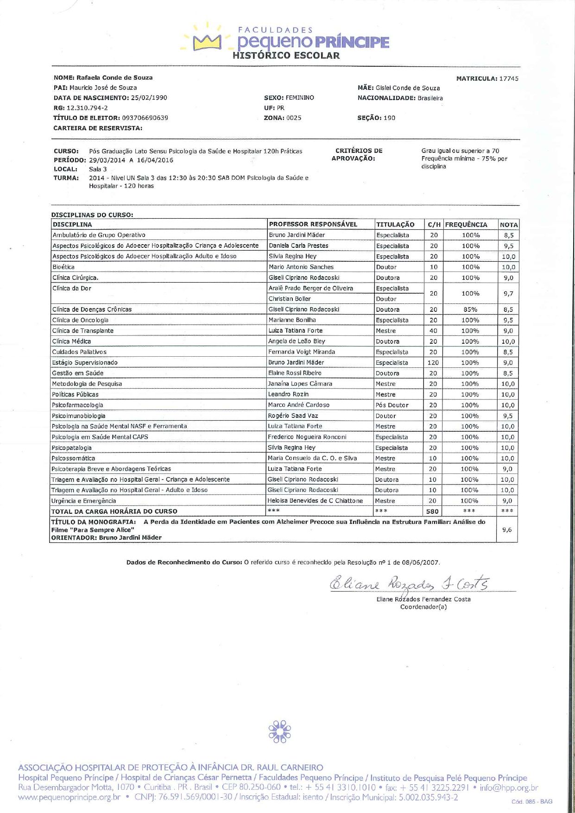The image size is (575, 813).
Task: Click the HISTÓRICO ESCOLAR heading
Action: [286, 56]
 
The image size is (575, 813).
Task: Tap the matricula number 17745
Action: [509, 79]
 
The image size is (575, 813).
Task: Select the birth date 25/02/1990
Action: [149, 98]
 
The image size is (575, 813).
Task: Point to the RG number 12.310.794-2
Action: [87, 108]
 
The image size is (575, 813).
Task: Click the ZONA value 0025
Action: [294, 118]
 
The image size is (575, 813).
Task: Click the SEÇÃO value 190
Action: [389, 118]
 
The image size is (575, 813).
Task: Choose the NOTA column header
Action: [508, 225]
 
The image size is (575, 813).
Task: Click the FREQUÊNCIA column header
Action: [466, 225]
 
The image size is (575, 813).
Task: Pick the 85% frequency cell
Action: [470, 309]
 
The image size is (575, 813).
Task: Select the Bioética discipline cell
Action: [63, 267]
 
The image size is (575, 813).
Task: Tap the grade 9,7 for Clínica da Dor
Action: [508, 294]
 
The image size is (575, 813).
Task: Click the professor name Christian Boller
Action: [290, 299]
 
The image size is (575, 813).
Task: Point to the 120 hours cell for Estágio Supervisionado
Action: [433, 363]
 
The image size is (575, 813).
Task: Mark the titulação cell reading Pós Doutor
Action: [392, 405]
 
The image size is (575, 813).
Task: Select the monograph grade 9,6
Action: [507, 530]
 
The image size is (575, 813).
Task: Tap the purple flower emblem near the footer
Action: [279, 731]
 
